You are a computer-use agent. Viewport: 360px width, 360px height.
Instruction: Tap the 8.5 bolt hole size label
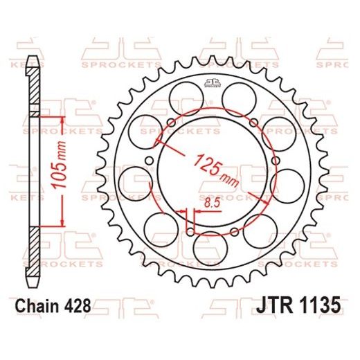[x=213, y=202]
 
